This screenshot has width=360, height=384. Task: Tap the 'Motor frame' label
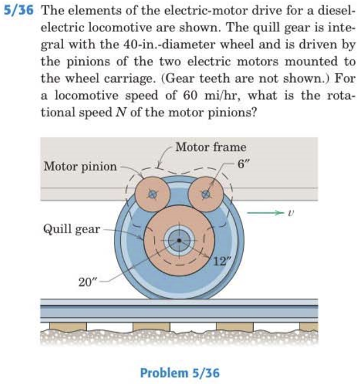[210, 147]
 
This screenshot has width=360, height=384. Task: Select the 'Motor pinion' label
[80, 166]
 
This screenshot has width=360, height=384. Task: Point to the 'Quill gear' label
[71, 230]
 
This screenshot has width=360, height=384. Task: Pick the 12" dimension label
[219, 262]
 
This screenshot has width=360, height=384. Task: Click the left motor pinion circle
[152, 194]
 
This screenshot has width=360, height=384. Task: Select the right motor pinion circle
[207, 194]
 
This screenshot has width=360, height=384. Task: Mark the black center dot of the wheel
[179, 240]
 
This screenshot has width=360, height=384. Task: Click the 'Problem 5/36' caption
[179, 373]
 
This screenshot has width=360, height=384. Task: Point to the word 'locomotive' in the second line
[115, 28]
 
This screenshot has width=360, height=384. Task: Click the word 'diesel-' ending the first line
[337, 12]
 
